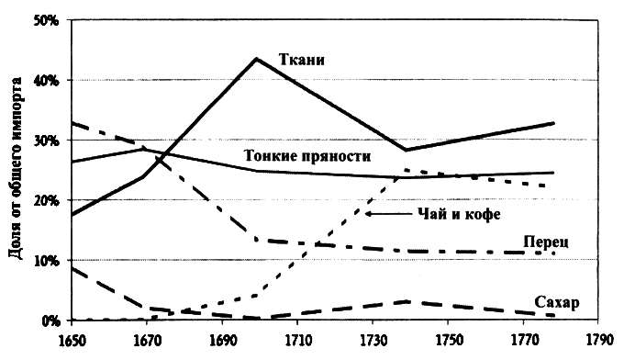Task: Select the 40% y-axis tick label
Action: click(x=47, y=80)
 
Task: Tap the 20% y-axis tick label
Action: click(x=47, y=200)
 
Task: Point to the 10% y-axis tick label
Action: click(x=47, y=260)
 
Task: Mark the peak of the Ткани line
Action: click(x=256, y=59)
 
